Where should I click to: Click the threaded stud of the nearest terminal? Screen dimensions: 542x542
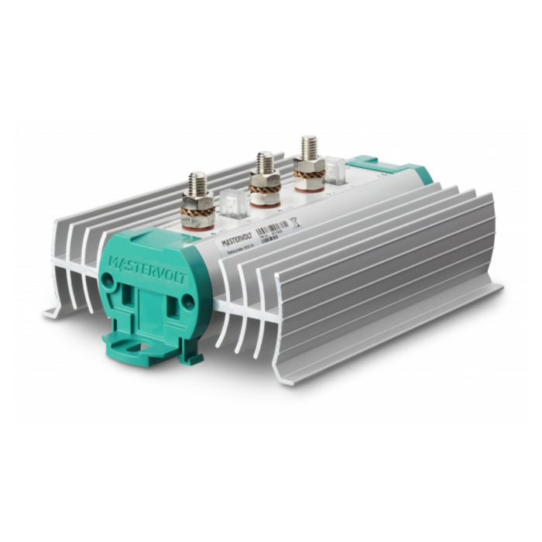pos(197,187)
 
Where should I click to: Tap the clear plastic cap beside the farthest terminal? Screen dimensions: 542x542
pos(334,170)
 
